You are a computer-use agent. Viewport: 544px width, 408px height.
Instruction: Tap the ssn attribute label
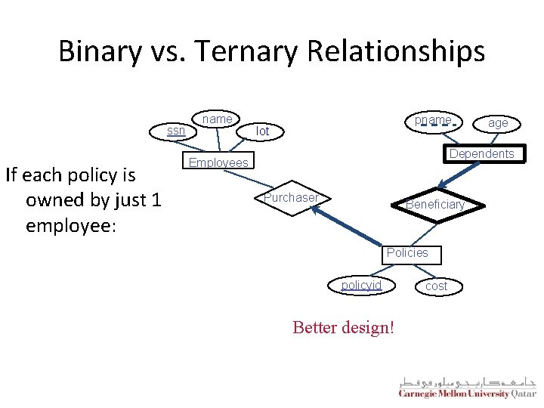click(x=176, y=131)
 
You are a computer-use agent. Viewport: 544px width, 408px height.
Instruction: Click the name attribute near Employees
click(x=218, y=119)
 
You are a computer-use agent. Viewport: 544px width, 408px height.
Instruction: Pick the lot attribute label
click(x=262, y=131)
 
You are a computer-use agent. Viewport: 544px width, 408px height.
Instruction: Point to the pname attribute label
click(x=433, y=120)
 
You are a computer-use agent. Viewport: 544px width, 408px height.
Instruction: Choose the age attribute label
click(x=497, y=122)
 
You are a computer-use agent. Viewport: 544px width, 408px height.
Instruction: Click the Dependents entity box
click(x=481, y=153)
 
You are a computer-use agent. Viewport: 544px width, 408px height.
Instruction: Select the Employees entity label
click(x=218, y=162)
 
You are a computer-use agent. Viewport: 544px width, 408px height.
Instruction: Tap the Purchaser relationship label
click(x=291, y=197)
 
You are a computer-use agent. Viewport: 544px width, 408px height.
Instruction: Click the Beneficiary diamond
click(x=434, y=205)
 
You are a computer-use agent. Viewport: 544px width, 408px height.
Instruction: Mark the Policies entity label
click(x=407, y=252)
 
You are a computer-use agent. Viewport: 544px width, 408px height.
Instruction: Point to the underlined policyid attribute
click(x=361, y=285)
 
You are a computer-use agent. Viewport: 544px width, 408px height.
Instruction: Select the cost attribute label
click(x=436, y=286)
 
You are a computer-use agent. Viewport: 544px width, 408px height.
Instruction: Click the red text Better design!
click(x=343, y=329)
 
